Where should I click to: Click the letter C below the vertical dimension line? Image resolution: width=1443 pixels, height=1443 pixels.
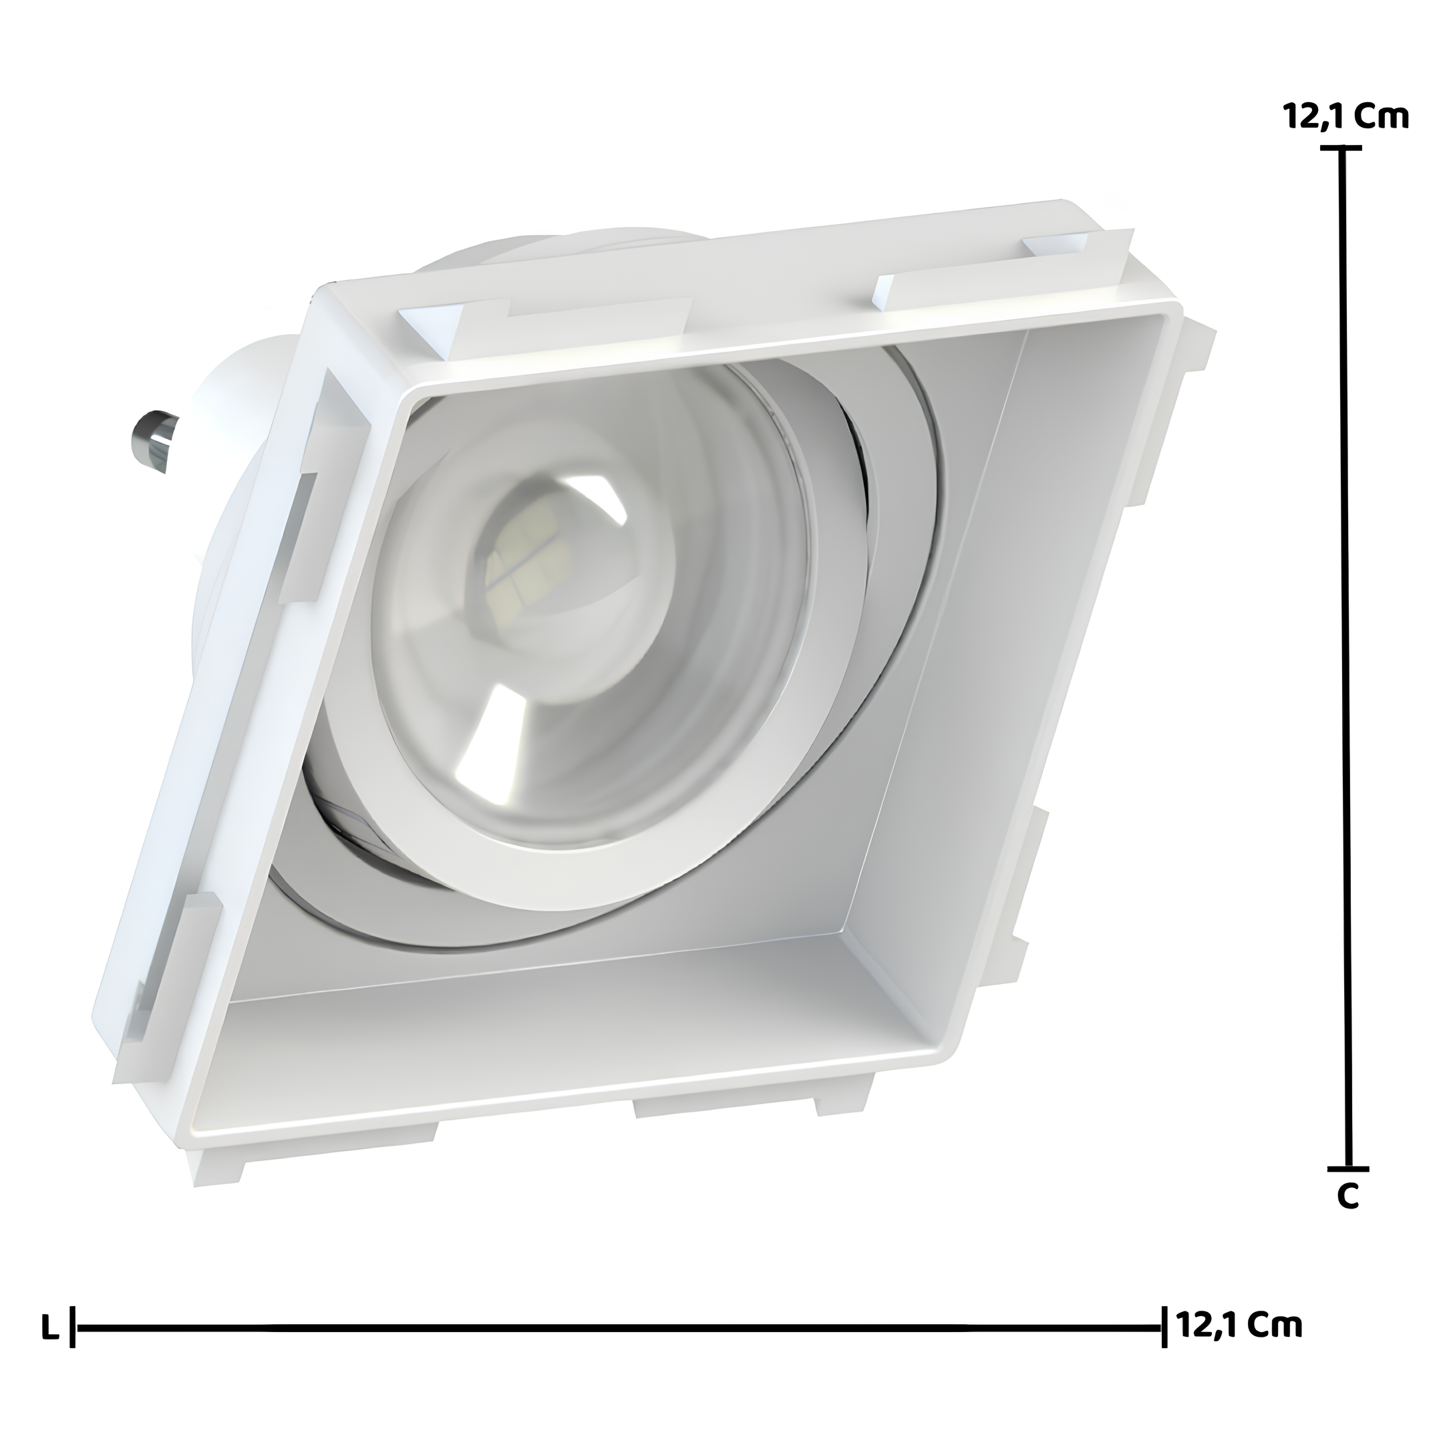(1347, 1217)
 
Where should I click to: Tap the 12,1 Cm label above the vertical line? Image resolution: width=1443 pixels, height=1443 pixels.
(1345, 118)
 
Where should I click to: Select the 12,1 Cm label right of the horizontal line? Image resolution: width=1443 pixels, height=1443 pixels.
(1239, 1324)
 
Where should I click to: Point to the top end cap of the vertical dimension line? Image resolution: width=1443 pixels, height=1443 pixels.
(1341, 148)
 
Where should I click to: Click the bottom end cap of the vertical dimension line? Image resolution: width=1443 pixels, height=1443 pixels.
(1348, 1189)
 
